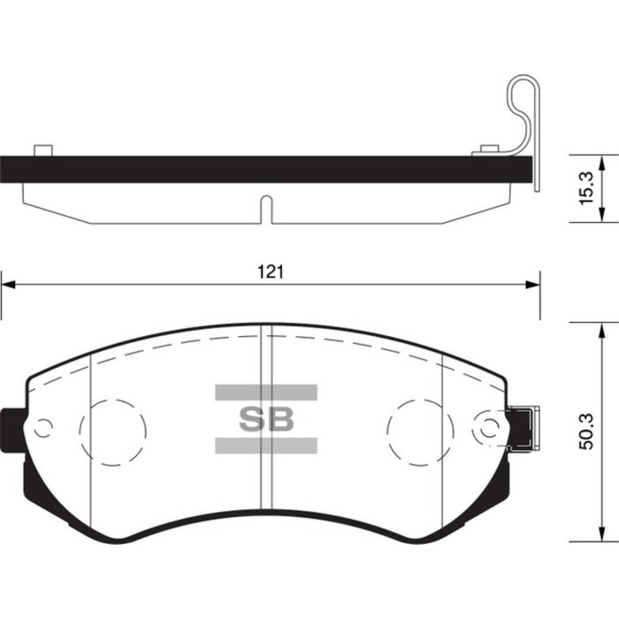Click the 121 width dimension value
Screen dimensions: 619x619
tap(270, 272)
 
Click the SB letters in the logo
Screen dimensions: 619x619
tap(266, 416)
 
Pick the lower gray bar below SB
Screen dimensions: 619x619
tap(266, 445)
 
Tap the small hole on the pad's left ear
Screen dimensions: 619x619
tap(42, 428)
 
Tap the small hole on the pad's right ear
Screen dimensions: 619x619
tap(487, 428)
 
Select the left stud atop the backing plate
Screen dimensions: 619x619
tap(40, 150)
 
